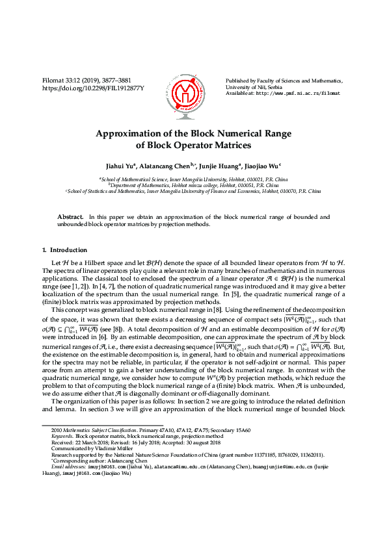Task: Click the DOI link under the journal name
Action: [93, 88]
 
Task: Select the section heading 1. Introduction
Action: [64, 250]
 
